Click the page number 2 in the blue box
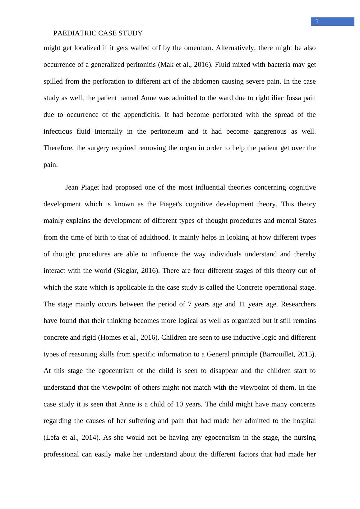pyautogui.click(x=317, y=22)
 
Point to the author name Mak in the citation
pyautogui.click(x=166, y=65)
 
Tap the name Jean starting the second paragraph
pyautogui.click(x=72, y=187)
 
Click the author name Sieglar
pyautogui.click(x=127, y=271)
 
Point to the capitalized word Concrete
pyautogui.click(x=249, y=287)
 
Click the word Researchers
pyautogui.click(x=298, y=304)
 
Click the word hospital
pyautogui.click(x=304, y=421)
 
